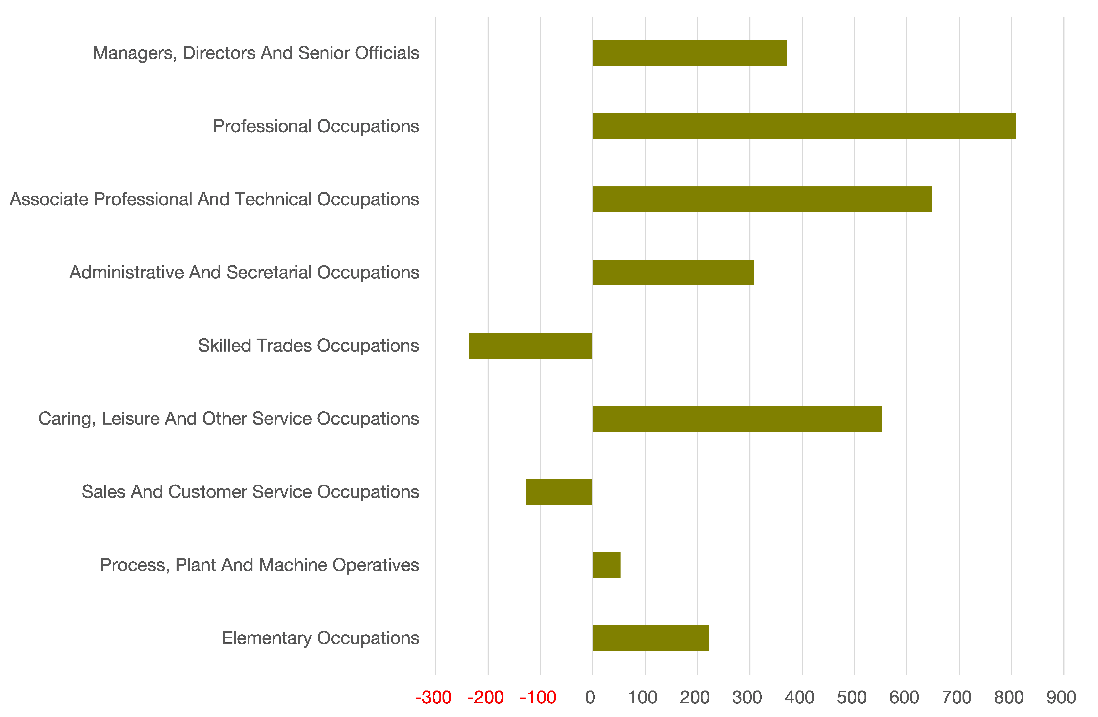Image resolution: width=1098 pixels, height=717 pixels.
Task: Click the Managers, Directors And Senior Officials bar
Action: [690, 53]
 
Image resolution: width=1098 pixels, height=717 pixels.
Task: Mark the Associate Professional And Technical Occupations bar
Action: [762, 199]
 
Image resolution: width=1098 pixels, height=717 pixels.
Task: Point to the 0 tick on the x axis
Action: [590, 698]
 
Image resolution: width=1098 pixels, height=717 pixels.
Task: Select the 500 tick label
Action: [852, 698]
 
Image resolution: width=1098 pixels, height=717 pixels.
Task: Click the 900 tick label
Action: [1061, 698]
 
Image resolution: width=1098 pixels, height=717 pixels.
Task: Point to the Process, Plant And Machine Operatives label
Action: [259, 565]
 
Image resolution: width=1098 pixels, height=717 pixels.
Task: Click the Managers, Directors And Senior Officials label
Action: [256, 53]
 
